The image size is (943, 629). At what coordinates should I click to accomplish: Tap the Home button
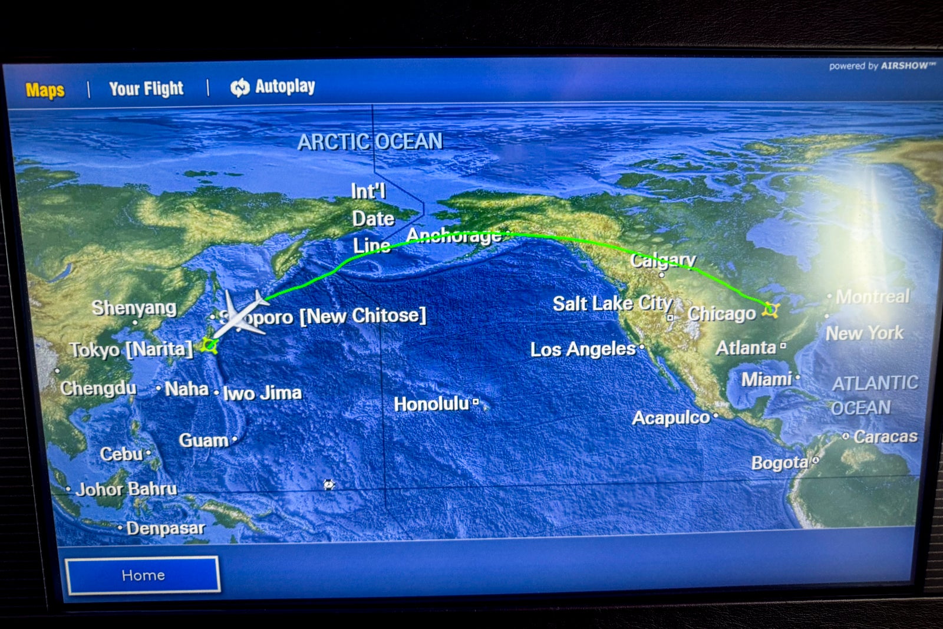point(143,575)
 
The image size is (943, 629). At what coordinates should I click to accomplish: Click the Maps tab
point(45,90)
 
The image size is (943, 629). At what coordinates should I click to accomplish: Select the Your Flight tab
point(146,88)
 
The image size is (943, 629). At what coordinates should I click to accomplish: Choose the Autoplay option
point(273,87)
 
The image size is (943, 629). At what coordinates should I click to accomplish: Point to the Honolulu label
point(431,404)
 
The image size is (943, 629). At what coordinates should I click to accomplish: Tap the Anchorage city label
point(454,235)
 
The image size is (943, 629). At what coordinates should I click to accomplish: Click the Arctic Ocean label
point(370,141)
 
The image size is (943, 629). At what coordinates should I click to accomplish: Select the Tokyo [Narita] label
point(131,349)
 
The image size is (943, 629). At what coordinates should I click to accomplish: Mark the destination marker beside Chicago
point(770,309)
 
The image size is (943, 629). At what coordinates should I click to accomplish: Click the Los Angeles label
point(582,349)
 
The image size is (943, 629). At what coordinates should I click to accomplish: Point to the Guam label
point(203,440)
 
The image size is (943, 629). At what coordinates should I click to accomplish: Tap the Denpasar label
point(166,528)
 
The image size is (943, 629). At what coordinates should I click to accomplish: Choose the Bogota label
point(779,463)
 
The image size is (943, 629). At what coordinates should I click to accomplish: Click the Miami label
point(766,379)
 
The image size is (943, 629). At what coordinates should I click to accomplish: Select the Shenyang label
point(134,308)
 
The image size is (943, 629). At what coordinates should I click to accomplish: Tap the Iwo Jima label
point(262,393)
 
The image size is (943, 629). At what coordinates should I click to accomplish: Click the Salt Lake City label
point(612,304)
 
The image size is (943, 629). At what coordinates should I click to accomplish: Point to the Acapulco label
point(671,418)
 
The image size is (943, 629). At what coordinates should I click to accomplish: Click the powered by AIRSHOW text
point(882,65)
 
